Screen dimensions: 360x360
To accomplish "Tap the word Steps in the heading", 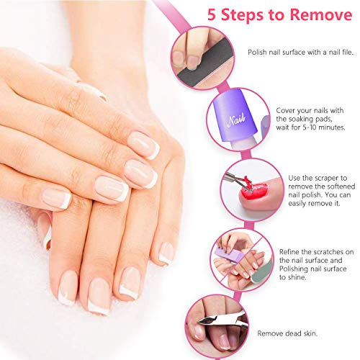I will (x=228, y=14).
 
